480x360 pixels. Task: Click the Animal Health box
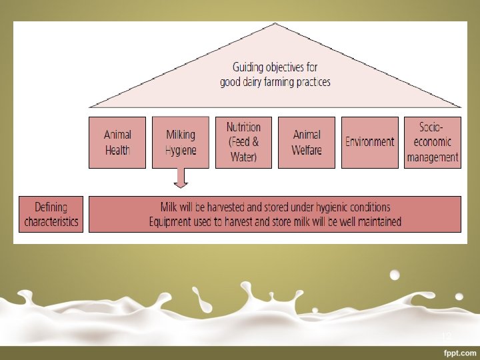coord(117,143)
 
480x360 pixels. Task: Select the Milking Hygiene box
coord(181,143)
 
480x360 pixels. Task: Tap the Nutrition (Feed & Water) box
coord(244,143)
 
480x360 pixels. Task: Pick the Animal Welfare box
coord(307,143)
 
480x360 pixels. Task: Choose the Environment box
coord(370,143)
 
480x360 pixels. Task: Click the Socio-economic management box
coord(433,143)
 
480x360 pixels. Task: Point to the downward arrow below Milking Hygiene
coord(181,178)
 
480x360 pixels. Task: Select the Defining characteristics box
coord(51,214)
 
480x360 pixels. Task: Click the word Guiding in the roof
coord(248,67)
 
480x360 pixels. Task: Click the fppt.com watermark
coord(460,353)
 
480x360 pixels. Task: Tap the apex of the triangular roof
coord(275,23)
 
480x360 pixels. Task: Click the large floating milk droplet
coord(395,275)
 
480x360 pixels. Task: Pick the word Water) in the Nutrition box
coord(244,157)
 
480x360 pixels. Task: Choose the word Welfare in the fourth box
coord(307,150)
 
